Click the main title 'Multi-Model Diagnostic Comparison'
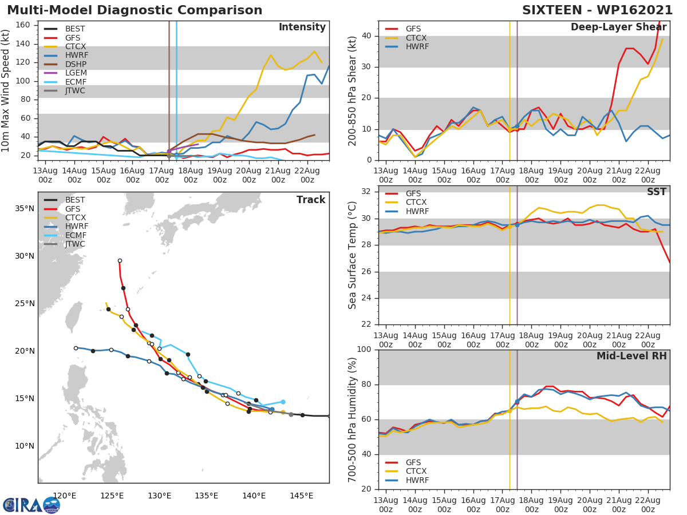coord(135,10)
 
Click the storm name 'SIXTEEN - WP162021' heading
coord(597,10)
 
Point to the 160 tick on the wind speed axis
coord(23,25)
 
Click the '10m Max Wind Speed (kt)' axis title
coord(6,90)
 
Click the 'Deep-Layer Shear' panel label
coord(618,27)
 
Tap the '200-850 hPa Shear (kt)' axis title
coord(353,90)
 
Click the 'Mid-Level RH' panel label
coord(631,356)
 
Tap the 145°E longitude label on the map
coord(301,496)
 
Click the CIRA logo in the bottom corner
coord(31,505)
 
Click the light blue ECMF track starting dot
coord(283,402)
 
